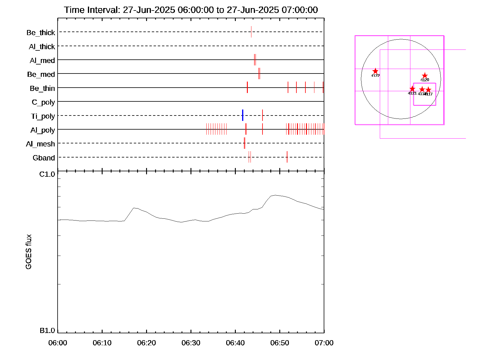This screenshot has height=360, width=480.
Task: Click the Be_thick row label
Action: click(41, 33)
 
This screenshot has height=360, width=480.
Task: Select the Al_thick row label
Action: click(42, 47)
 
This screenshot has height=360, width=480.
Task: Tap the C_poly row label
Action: click(43, 102)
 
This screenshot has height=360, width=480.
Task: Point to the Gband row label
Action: click(44, 158)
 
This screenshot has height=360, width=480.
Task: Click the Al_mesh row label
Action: click(40, 144)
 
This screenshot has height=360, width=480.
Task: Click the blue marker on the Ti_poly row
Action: click(243, 115)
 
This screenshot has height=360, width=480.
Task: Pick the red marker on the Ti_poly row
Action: click(262, 115)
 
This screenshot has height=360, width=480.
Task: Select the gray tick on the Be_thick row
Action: click(251, 32)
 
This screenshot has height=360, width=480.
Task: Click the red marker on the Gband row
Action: click(287, 157)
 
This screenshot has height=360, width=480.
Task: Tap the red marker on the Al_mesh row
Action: click(244, 143)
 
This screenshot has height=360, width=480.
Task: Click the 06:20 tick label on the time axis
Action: click(146, 343)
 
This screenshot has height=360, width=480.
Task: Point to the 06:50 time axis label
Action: click(280, 343)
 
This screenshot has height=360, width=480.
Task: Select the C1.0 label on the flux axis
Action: click(47, 174)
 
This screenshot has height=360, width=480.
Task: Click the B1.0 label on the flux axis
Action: click(47, 331)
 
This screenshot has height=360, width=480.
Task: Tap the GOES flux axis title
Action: click(28, 252)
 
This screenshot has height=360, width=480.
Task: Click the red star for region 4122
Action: click(375, 71)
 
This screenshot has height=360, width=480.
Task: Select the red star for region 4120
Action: click(424, 76)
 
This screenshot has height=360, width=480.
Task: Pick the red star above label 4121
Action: click(412, 89)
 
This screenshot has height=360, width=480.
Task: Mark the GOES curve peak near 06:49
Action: click(275, 195)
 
